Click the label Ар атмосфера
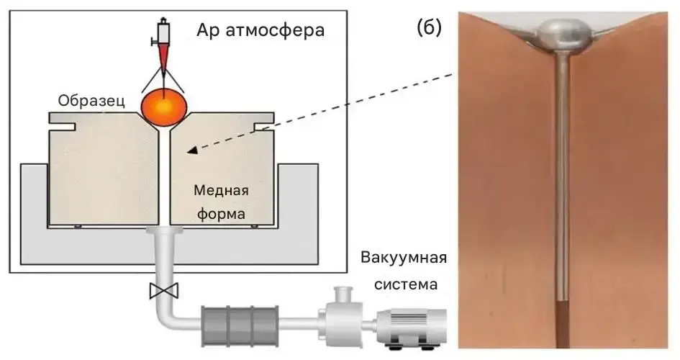pos(260,31)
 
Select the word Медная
pos(221,191)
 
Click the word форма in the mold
pos(221,214)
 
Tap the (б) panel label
pos(429,28)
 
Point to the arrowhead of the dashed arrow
pos(191,150)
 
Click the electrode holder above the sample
pos(163,32)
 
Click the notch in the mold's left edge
pos(66,127)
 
